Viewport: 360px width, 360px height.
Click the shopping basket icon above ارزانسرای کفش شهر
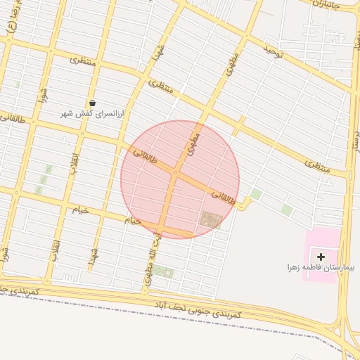click(92, 103)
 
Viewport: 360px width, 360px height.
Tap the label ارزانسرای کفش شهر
click(91, 113)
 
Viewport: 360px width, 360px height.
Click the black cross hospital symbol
click(321, 257)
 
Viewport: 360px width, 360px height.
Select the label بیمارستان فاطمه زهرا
click(321, 268)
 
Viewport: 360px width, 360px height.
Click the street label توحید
click(272, 50)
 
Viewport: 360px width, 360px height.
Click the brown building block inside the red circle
click(210, 220)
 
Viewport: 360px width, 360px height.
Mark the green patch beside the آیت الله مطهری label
click(163, 272)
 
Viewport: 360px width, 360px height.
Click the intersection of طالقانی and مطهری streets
click(174, 171)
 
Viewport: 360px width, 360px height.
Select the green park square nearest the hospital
click(286, 210)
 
